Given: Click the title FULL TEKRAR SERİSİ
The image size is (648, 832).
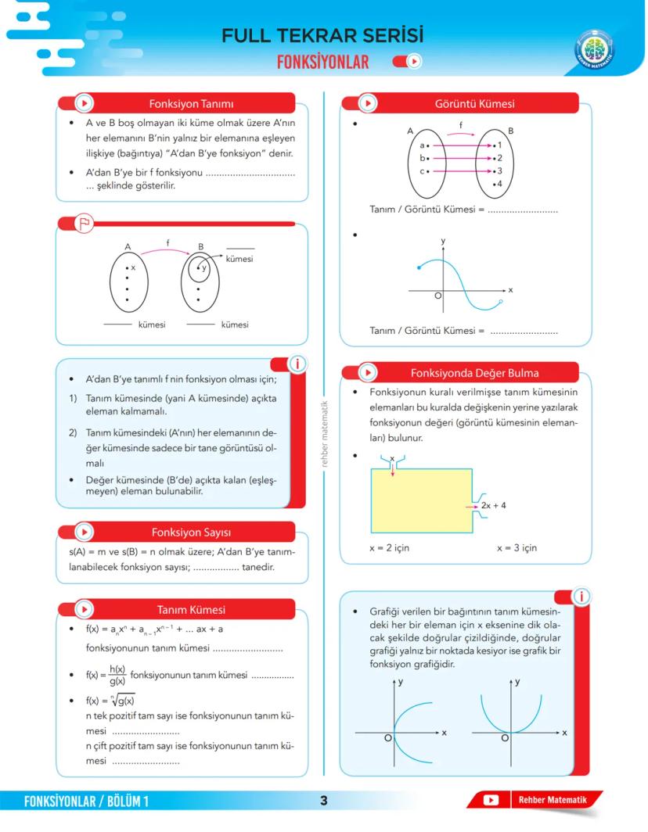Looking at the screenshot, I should (322, 36).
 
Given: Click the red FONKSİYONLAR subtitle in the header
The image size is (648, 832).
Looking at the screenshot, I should (322, 62).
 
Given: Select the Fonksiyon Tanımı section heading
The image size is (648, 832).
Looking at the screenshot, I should (191, 103).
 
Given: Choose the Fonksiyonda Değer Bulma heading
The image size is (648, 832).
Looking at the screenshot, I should (474, 373).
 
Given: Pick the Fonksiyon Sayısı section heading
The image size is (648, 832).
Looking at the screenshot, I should (191, 533).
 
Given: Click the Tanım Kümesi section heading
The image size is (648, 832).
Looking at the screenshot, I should (191, 610).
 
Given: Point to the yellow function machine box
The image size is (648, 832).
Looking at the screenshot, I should (421, 501).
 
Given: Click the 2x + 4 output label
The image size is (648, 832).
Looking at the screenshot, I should (493, 506).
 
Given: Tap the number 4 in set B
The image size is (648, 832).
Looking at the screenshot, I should (499, 184).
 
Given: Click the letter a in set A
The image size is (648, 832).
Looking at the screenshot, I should (422, 145).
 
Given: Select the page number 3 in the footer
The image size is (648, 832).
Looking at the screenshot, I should (323, 800).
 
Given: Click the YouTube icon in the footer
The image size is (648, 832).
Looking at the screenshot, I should (491, 800).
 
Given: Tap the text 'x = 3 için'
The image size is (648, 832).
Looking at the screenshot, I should (517, 548).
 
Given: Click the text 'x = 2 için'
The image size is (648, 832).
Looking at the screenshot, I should (389, 548).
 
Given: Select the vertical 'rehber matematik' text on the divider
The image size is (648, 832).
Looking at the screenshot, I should (323, 434).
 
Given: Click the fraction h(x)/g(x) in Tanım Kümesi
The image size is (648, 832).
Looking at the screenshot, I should (117, 675).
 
